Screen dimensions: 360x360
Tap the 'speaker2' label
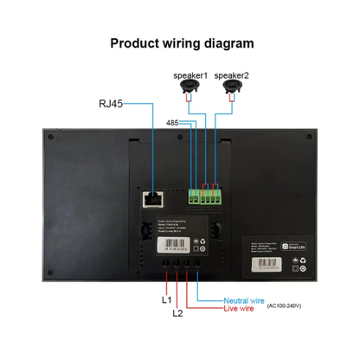(231, 75)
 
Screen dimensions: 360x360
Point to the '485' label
(173, 123)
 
